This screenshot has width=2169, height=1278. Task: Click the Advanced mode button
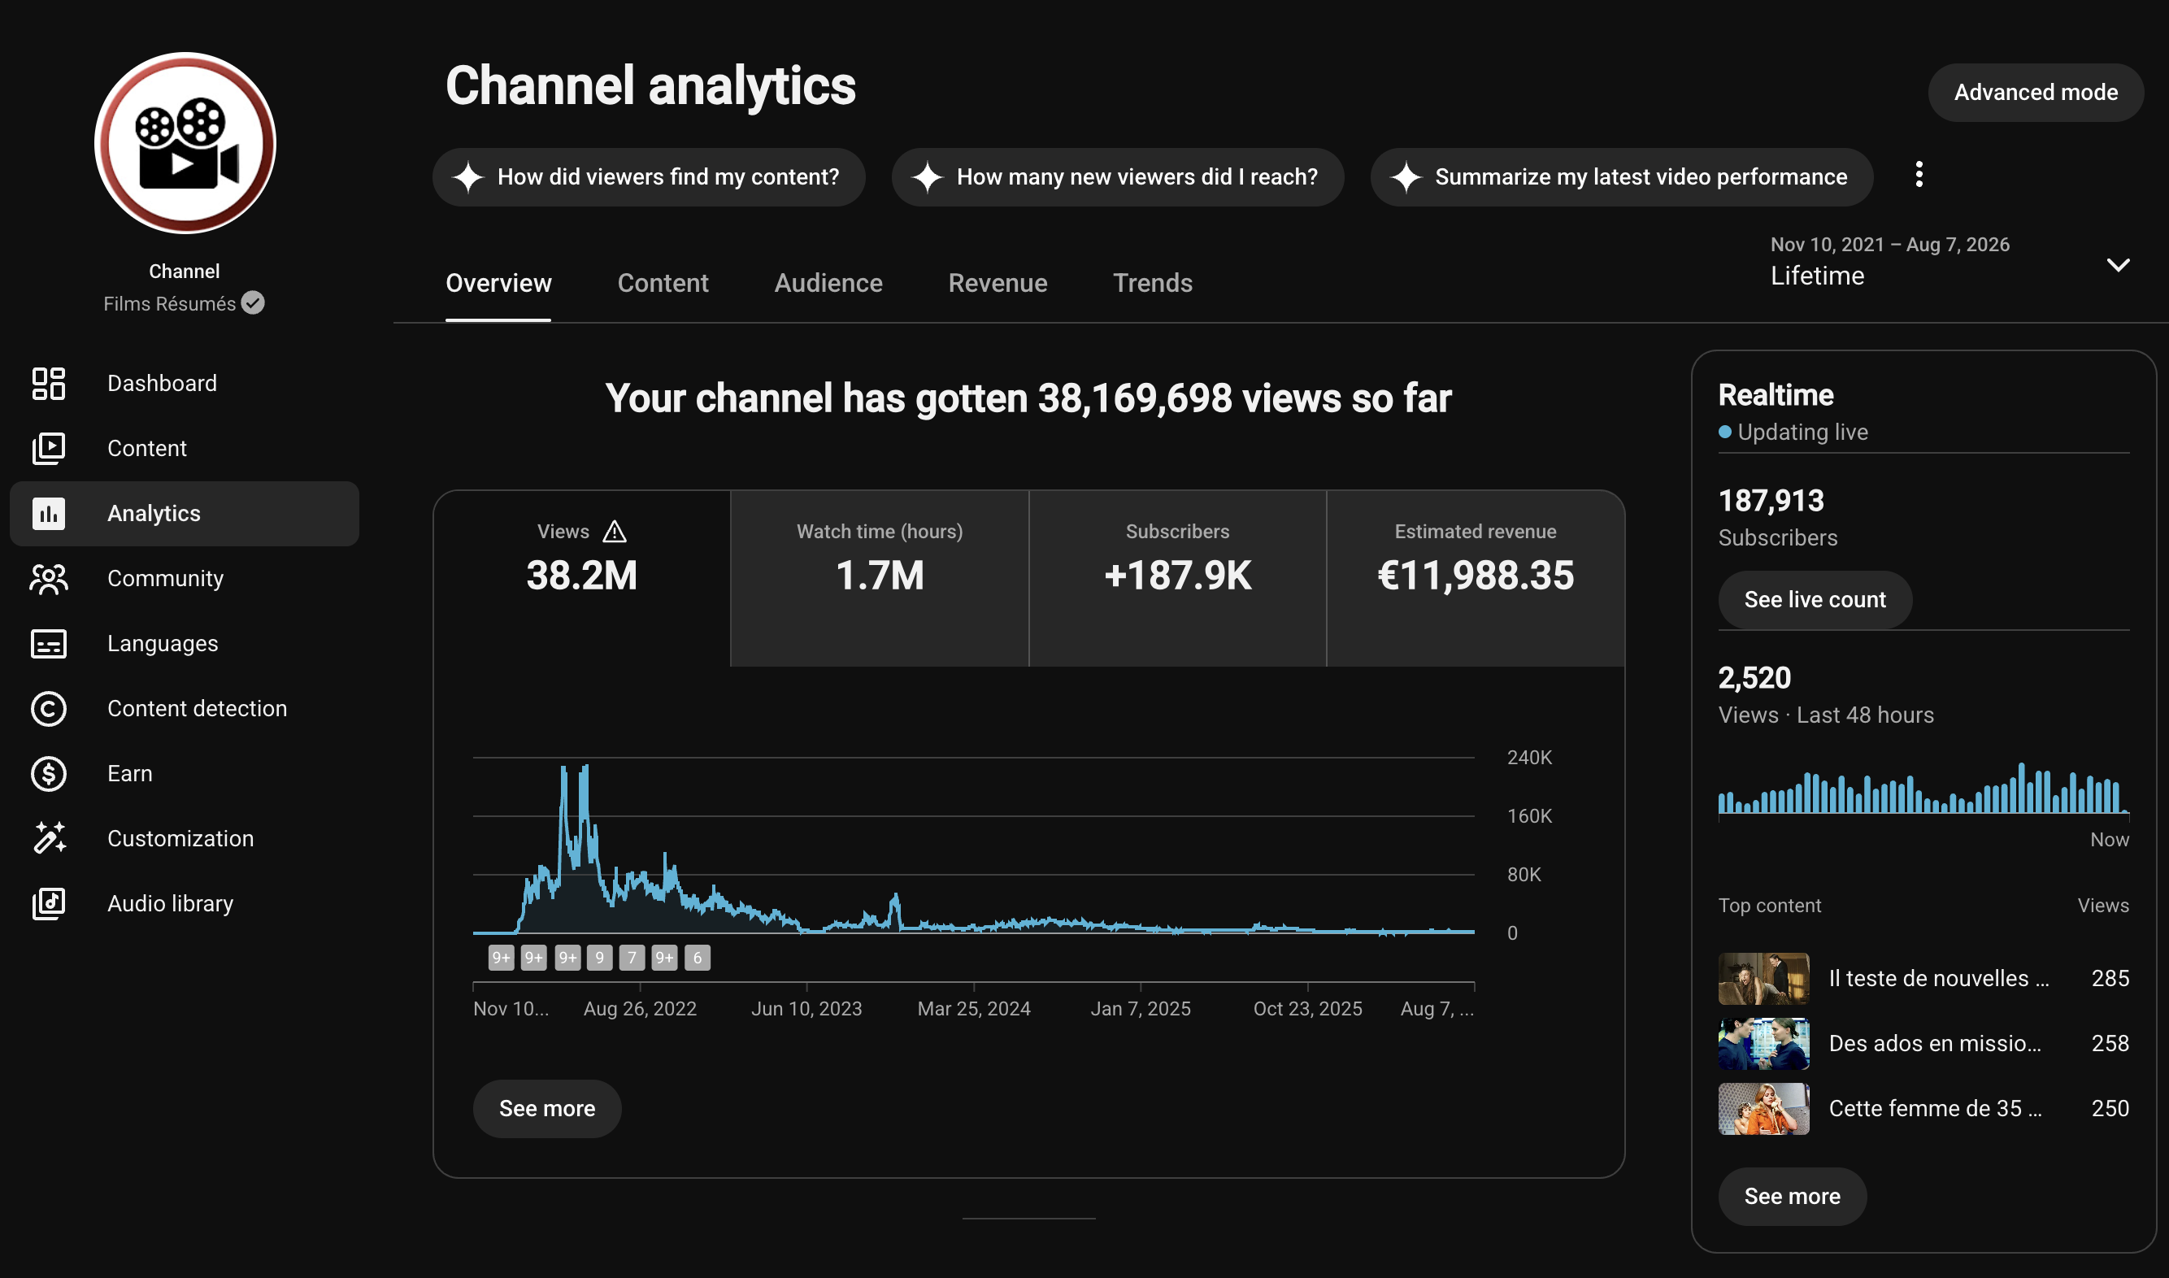pos(2035,92)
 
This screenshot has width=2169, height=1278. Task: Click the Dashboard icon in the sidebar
pos(48,383)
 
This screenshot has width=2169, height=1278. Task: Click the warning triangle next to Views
pos(614,532)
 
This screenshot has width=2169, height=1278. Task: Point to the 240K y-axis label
pos(1529,757)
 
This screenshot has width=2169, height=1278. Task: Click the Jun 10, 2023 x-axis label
pos(806,1008)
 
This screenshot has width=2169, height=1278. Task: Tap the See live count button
pos(1815,599)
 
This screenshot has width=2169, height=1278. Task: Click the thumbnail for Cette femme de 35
pos(1763,1108)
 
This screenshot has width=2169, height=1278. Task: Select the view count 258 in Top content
pos(2110,1043)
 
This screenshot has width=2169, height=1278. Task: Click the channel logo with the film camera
pos(185,143)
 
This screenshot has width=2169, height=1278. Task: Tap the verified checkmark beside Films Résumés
pos(252,303)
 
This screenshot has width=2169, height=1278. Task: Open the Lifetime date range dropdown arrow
pos(2117,264)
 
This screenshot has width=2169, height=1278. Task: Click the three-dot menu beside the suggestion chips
pos(1919,174)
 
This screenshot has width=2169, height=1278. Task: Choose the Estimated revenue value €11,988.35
pos(1475,576)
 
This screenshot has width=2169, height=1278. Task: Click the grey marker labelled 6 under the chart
pos(697,957)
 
